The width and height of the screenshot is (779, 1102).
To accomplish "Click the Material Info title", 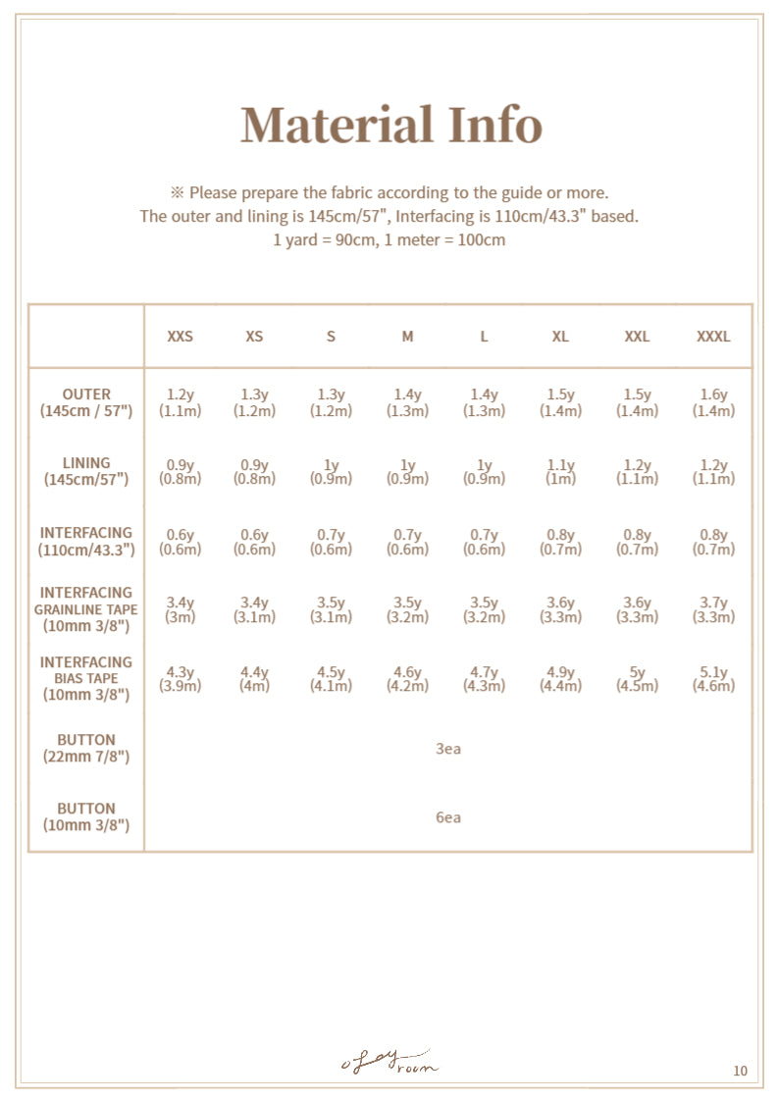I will tap(390, 126).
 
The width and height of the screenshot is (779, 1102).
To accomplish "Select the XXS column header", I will tap(180, 337).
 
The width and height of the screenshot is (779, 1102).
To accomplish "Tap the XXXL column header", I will tap(713, 337).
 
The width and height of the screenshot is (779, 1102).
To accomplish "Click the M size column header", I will tap(407, 337).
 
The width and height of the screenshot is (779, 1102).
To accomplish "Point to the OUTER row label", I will tap(86, 402).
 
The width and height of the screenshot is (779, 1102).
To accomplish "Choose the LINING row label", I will tap(86, 471).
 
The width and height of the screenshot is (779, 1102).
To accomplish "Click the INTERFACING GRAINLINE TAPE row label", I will tap(86, 609).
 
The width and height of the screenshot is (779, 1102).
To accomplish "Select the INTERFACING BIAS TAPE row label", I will tap(86, 678).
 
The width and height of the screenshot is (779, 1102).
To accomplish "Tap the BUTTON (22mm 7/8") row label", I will tap(86, 748).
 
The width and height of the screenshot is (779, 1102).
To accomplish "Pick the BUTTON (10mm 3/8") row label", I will tap(86, 816).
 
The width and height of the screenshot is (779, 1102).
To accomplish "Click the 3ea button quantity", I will tap(448, 750).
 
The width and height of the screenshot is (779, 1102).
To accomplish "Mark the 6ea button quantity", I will tap(448, 817).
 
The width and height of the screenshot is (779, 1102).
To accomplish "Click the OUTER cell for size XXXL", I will tap(713, 402).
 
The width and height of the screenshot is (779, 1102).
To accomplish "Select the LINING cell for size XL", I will tap(560, 471).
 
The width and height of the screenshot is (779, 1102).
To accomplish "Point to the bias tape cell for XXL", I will tap(637, 679).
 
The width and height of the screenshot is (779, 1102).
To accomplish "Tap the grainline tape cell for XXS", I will tap(180, 609).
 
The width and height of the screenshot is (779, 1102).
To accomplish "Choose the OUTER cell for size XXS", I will tap(180, 402).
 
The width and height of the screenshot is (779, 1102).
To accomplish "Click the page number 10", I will tap(740, 1071).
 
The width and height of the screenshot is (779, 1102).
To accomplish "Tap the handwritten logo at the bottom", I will tap(389, 1062).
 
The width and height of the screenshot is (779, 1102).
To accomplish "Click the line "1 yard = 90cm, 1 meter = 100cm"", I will tap(389, 240).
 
